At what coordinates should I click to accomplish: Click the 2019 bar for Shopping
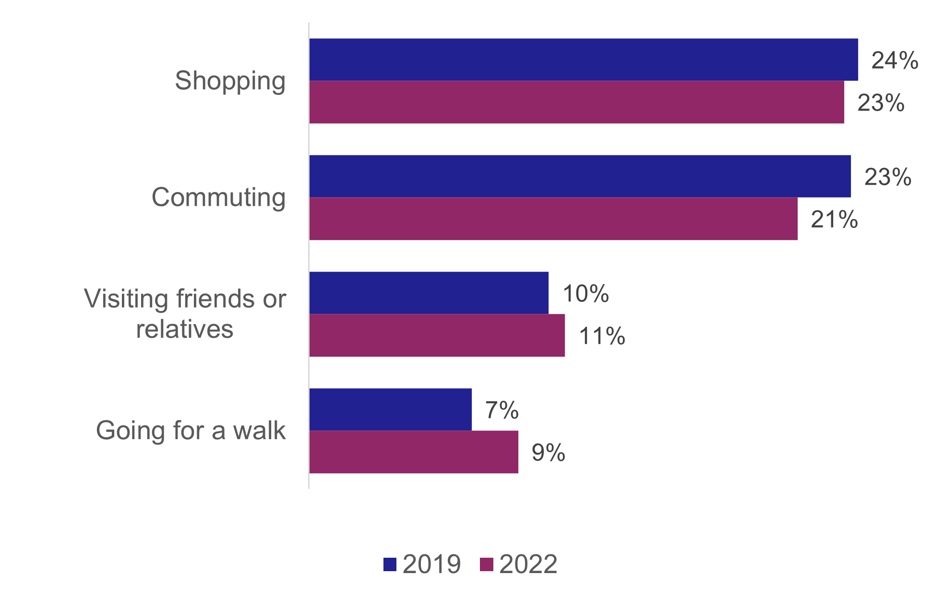point(583,60)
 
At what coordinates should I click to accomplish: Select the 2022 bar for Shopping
point(576,102)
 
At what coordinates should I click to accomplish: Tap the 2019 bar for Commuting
point(580,176)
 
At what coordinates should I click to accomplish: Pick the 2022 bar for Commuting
point(553,219)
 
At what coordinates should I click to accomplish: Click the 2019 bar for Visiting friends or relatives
point(429,293)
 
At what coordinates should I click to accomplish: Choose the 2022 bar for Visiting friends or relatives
point(437,335)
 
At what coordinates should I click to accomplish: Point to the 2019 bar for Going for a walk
point(390,409)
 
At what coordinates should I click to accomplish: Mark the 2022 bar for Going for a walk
point(414,452)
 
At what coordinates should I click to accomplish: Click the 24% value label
point(895,61)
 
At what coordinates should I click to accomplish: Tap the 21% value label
point(834,220)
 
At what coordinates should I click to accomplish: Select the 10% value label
point(585,294)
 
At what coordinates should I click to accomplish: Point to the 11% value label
point(602,336)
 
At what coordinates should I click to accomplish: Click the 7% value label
point(502,410)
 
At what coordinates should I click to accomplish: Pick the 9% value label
point(548,453)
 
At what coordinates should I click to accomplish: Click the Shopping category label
point(230,81)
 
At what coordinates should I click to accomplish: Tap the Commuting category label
point(218,197)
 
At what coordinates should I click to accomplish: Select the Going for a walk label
point(191,430)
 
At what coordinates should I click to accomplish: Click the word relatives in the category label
point(185,329)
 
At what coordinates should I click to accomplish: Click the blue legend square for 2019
point(390,564)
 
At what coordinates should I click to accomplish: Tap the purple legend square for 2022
point(486,564)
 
